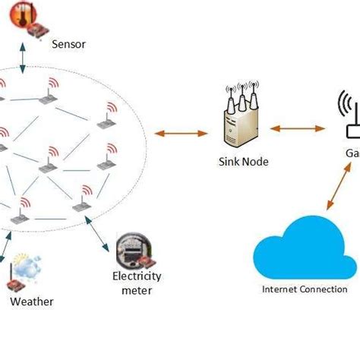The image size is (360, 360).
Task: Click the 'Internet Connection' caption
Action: pyautogui.click(x=304, y=289)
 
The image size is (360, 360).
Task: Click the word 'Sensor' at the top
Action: pyautogui.click(x=68, y=44)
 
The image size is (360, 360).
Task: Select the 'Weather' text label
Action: pyautogui.click(x=31, y=302)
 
